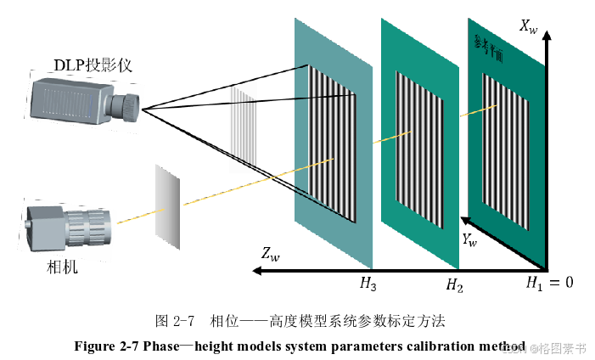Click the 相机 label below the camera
coord(62,267)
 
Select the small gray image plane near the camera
coord(167,200)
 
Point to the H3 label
coord(368,284)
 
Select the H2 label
coord(455,284)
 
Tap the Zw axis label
coord(271,253)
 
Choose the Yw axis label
coord(469,241)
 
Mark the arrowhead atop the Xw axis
coord(551,38)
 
